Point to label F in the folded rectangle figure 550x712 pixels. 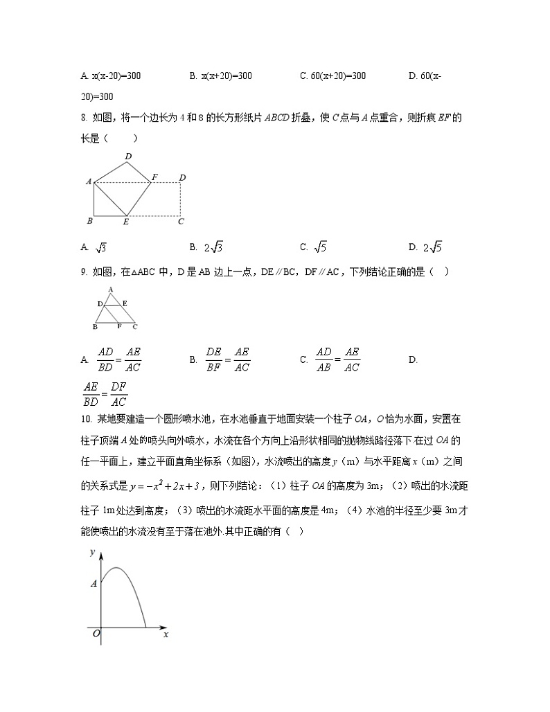pyautogui.click(x=155, y=177)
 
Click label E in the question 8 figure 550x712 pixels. pyautogui.click(x=125, y=222)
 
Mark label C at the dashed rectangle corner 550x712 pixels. pyautogui.click(x=181, y=222)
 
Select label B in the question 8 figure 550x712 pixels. pyautogui.click(x=90, y=221)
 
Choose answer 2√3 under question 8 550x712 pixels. pyautogui.click(x=213, y=247)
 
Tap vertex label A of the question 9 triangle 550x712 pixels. pyautogui.click(x=110, y=290)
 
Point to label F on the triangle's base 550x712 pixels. pyautogui.click(x=118, y=326)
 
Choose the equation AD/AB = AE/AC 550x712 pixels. pyautogui.click(x=337, y=359)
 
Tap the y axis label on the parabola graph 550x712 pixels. pyautogui.click(x=92, y=552)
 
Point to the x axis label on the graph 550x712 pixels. pyautogui.click(x=166, y=634)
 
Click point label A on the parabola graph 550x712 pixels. pyautogui.click(x=94, y=584)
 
